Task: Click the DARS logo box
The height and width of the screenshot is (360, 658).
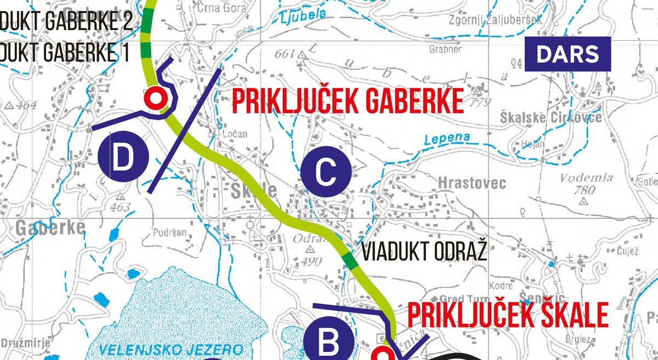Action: [x=568, y=54]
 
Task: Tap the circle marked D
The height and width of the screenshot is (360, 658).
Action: [x=123, y=157]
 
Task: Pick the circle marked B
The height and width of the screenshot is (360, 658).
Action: [x=329, y=343]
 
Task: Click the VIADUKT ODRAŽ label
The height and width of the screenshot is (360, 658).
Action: [x=424, y=253]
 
